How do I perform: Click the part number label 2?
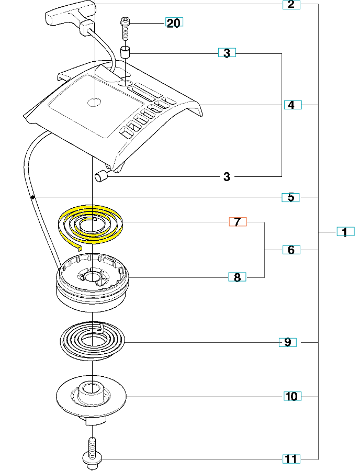point(291,5)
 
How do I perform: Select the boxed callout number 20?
point(174,23)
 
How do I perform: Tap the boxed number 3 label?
point(227,53)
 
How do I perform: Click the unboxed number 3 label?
point(227,177)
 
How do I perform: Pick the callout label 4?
point(291,105)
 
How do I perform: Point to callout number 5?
point(290,197)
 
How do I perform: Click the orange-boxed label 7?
point(238,222)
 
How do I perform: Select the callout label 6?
point(291,250)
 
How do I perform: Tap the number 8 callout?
point(237,277)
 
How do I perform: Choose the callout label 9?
point(287,342)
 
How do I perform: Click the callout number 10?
point(291,396)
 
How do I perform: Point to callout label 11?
point(291,459)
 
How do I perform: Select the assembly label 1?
point(345,232)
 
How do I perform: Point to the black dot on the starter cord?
point(32,197)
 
